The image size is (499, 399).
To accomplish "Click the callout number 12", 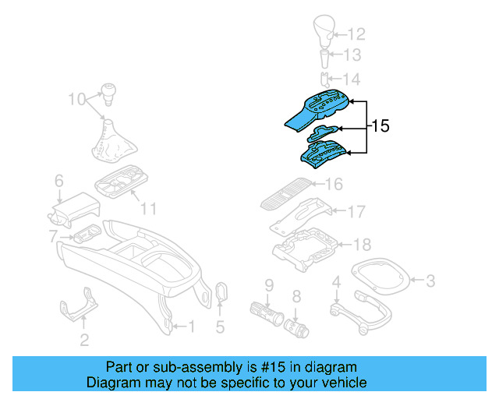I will (356, 34).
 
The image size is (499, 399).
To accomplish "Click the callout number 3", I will (430, 279).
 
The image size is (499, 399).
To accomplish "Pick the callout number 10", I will (76, 99).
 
